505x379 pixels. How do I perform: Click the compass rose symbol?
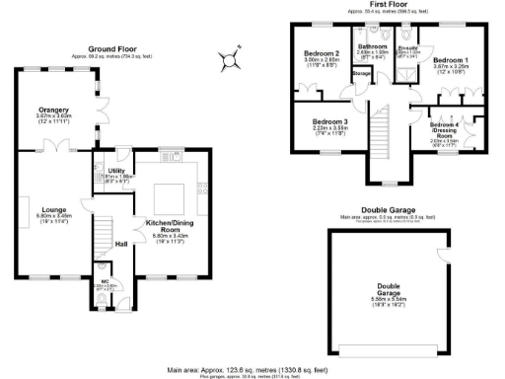(x=231, y=63)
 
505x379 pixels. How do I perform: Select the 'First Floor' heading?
(x=389, y=5)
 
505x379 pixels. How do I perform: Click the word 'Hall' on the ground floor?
(x=121, y=243)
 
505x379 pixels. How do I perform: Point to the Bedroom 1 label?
(x=452, y=60)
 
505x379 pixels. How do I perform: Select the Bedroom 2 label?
(x=323, y=54)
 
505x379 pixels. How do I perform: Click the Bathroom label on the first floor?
(x=372, y=46)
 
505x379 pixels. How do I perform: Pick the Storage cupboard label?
(x=361, y=73)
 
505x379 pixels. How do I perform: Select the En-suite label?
(x=407, y=47)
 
